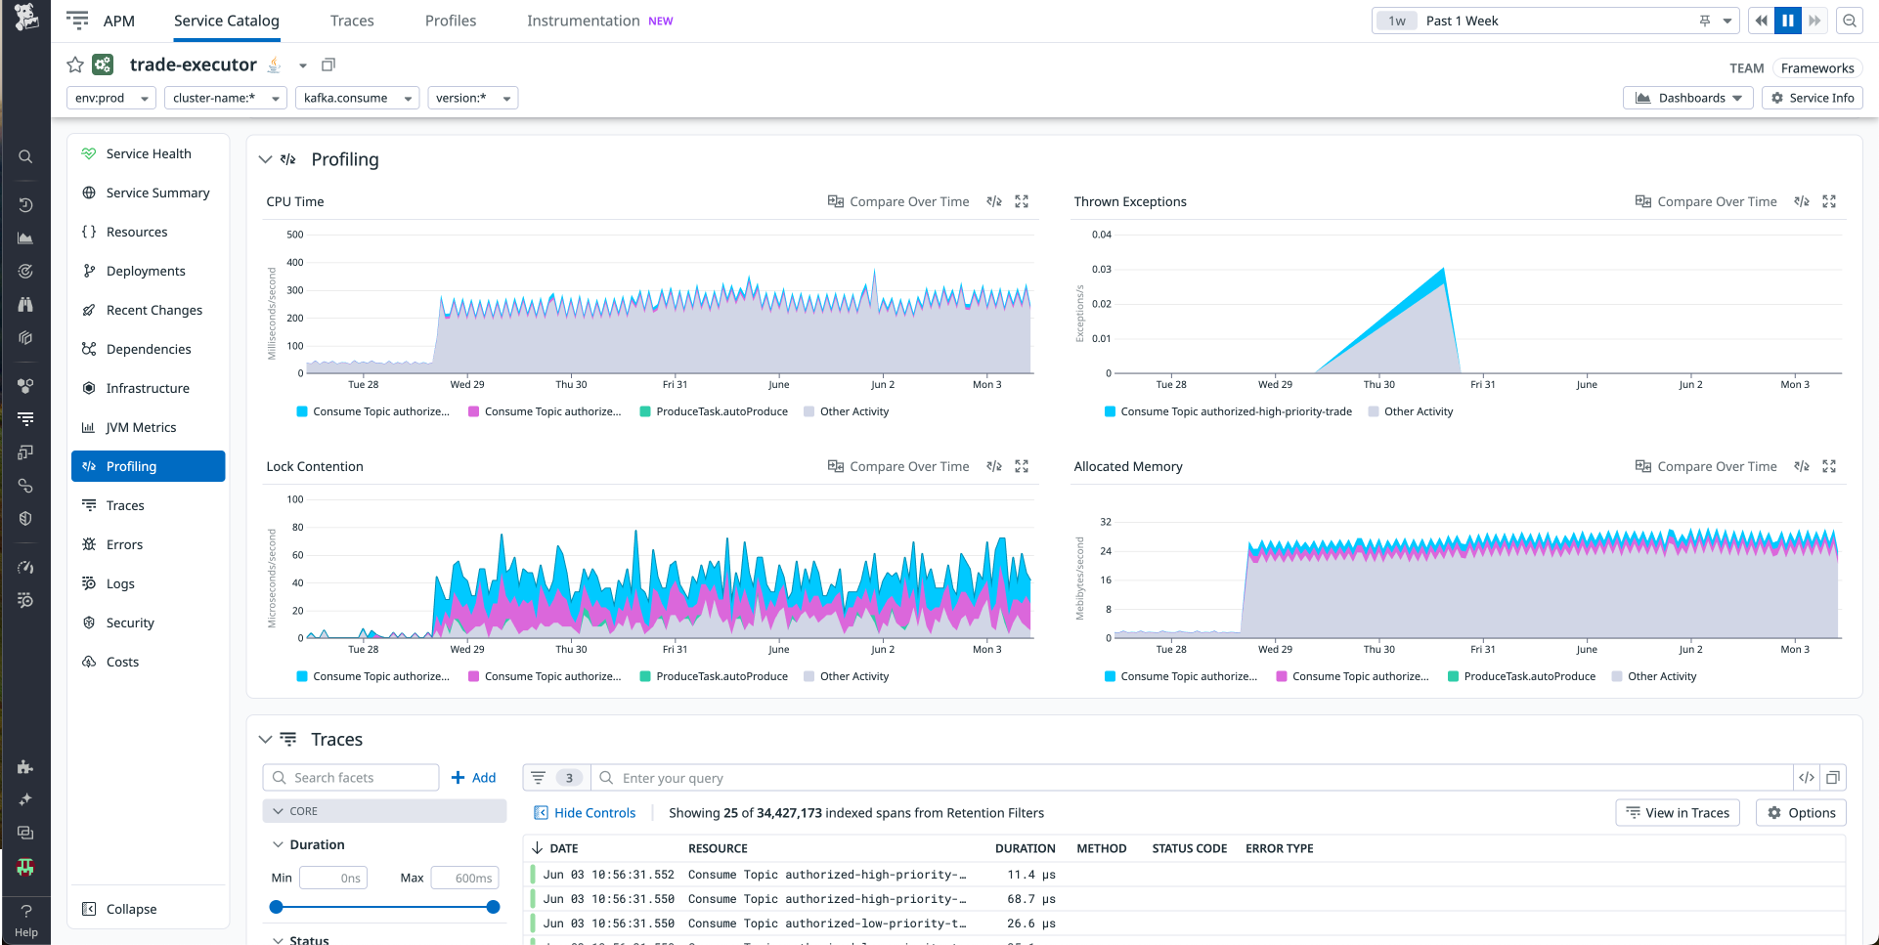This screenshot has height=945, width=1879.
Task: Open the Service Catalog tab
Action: [x=226, y=21]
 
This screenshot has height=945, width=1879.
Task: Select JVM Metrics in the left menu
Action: [x=141, y=427]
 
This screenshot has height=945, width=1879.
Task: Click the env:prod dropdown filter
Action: [x=111, y=98]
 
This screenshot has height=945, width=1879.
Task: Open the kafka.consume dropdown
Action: [x=357, y=98]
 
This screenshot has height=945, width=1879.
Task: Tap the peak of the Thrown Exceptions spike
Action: [x=1443, y=270]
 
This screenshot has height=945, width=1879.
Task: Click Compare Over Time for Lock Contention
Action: [x=898, y=466]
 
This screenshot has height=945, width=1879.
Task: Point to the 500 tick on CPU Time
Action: [x=294, y=235]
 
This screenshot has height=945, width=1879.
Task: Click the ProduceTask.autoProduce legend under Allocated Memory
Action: [x=1528, y=676]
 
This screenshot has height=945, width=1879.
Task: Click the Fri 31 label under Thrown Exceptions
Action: [x=1482, y=384]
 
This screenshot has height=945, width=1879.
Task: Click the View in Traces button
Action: [x=1677, y=813]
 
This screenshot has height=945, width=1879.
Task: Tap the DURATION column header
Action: [x=1025, y=848]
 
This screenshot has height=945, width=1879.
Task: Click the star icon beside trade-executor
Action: [x=75, y=64]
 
